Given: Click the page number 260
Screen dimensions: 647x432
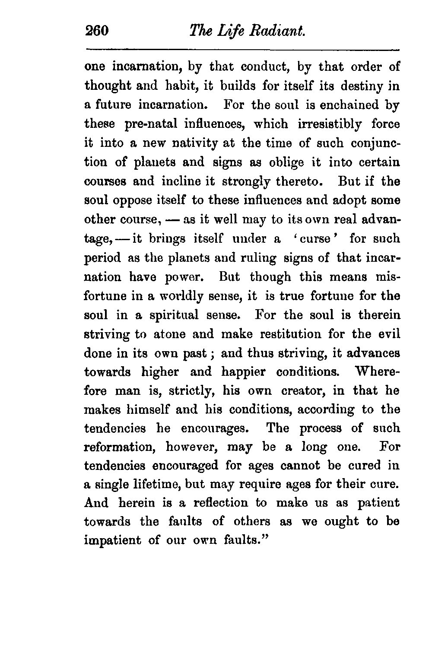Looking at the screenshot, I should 98,31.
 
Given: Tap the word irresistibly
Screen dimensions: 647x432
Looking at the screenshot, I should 330,124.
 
